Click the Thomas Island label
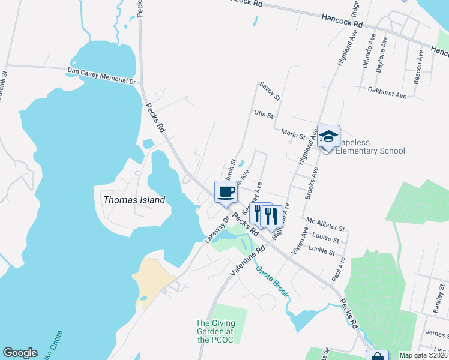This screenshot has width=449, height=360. point(134,200)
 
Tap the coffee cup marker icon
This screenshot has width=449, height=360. point(226,192)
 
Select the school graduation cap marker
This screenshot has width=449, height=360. point(328,137)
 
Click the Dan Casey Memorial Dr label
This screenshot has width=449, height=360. point(101,75)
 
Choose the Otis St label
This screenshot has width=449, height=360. point(264,113)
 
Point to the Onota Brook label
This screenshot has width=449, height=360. point(273,281)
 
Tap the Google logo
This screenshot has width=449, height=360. point(20,353)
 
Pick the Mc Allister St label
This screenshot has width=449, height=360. point(325,224)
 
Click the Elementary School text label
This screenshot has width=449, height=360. point(370,151)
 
